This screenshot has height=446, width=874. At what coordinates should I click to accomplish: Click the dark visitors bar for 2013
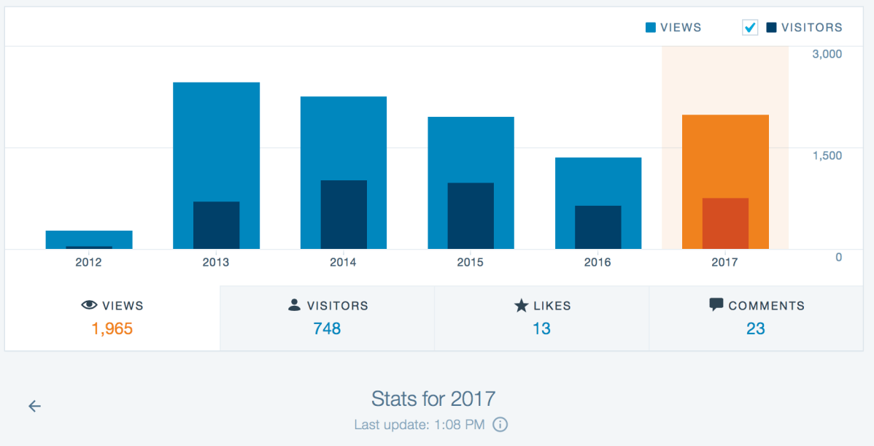pos(216,225)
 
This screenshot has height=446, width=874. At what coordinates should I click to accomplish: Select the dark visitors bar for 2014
pos(344,215)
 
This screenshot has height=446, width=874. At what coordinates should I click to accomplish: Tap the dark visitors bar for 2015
pos(471,215)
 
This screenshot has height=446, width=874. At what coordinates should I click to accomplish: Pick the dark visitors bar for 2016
pos(598,227)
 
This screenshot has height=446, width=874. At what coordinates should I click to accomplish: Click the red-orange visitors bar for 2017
pos(725,223)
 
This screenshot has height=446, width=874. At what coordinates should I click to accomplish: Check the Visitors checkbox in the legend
pos(750,28)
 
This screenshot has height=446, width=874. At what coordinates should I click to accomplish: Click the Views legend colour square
pos(651,28)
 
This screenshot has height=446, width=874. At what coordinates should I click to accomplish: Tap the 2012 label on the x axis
pos(89,263)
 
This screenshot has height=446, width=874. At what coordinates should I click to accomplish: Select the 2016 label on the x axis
pos(598,263)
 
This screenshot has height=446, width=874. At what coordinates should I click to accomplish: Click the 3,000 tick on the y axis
pos(827,54)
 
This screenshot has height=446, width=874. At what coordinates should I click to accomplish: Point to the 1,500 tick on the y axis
pos(827,155)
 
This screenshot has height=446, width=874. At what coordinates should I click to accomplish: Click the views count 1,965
pos(112,329)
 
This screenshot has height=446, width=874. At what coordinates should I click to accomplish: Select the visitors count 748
pos(327,329)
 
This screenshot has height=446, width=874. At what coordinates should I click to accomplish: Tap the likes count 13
pos(541,329)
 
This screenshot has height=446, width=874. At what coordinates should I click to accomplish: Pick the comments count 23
pos(756,329)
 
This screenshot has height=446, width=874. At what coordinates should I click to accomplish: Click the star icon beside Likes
pos(521,306)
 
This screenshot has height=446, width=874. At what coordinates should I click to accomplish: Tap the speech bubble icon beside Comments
pos(716,305)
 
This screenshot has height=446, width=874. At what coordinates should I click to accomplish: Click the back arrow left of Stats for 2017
pos(34,407)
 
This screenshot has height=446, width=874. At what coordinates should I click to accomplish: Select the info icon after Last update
pos(500,424)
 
